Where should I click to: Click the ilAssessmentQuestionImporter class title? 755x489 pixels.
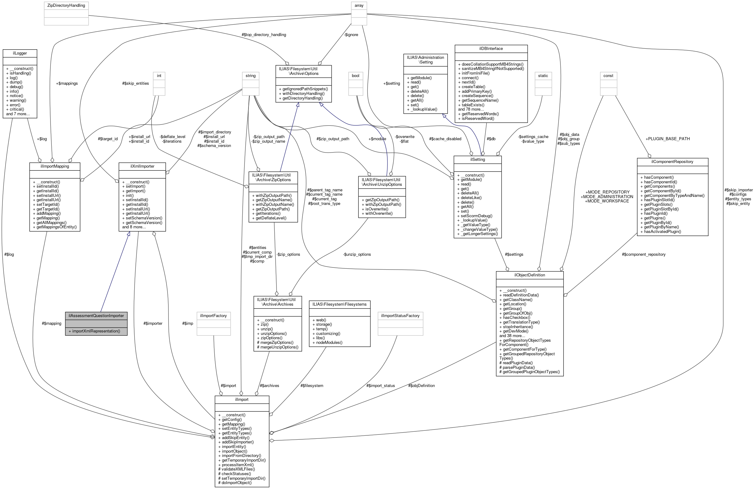point(96,316)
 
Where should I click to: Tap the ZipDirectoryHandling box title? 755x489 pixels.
point(66,6)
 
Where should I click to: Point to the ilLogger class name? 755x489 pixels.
point(20,53)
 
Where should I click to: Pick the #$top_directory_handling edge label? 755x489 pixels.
point(264,35)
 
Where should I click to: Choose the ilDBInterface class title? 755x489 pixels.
point(491,49)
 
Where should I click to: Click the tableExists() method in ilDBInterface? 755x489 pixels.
point(473,105)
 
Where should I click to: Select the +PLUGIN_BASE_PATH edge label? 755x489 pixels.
point(668,139)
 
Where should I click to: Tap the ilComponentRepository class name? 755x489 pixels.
point(672,162)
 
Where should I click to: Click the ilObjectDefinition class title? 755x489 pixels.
point(529,275)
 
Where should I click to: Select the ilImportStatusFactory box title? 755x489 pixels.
point(400,316)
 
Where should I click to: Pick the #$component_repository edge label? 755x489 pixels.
point(643,254)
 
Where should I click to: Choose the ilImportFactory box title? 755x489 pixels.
point(213,316)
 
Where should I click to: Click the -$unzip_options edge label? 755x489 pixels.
point(357,254)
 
